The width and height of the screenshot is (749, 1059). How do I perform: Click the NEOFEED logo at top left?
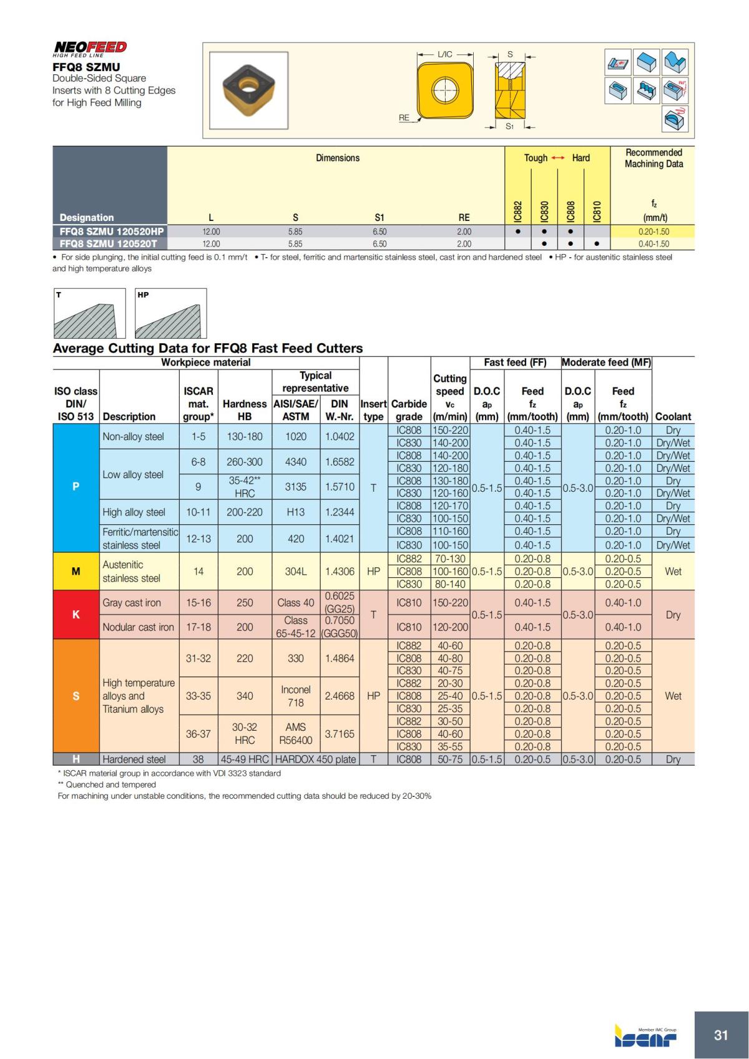pyautogui.click(x=90, y=48)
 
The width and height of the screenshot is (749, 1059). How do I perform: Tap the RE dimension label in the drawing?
pyautogui.click(x=404, y=117)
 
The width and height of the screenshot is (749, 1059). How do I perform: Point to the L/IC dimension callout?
pyautogui.click(x=445, y=54)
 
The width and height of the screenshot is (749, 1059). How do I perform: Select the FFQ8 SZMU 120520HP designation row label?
pyautogui.click(x=110, y=232)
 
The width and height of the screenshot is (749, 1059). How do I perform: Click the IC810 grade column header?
pyautogui.click(x=597, y=211)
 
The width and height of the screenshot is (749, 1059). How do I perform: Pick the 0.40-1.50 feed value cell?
pyautogui.click(x=653, y=244)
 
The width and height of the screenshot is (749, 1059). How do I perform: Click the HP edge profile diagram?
pyautogui.click(x=171, y=313)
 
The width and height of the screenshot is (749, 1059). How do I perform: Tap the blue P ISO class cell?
pyautogui.click(x=76, y=487)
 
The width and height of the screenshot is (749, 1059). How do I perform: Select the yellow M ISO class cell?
pyautogui.click(x=76, y=571)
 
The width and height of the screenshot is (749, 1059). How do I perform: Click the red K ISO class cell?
pyautogui.click(x=76, y=615)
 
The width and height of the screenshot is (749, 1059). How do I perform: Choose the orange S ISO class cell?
pyautogui.click(x=76, y=696)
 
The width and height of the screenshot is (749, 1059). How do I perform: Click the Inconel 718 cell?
pyautogui.click(x=295, y=696)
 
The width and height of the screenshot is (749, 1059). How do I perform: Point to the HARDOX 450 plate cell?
pyautogui.click(x=316, y=759)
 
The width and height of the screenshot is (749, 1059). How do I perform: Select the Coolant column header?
pyautogui.click(x=673, y=416)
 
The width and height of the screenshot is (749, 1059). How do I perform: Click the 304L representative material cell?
pyautogui.click(x=295, y=571)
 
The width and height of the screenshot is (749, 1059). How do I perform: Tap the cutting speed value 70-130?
pyautogui.click(x=449, y=559)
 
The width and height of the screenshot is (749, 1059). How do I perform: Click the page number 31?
pyautogui.click(x=721, y=1035)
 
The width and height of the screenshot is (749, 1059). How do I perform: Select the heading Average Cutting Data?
pyautogui.click(x=207, y=348)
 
